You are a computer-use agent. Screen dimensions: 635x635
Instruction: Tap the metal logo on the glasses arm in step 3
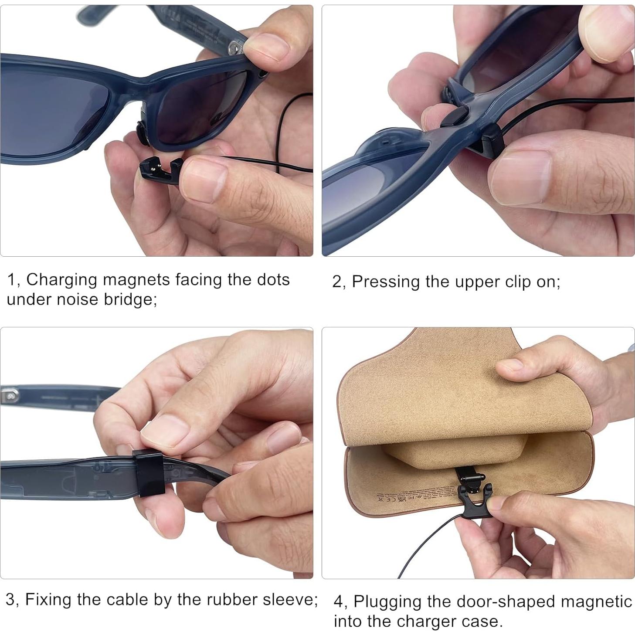tap(10, 396)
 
